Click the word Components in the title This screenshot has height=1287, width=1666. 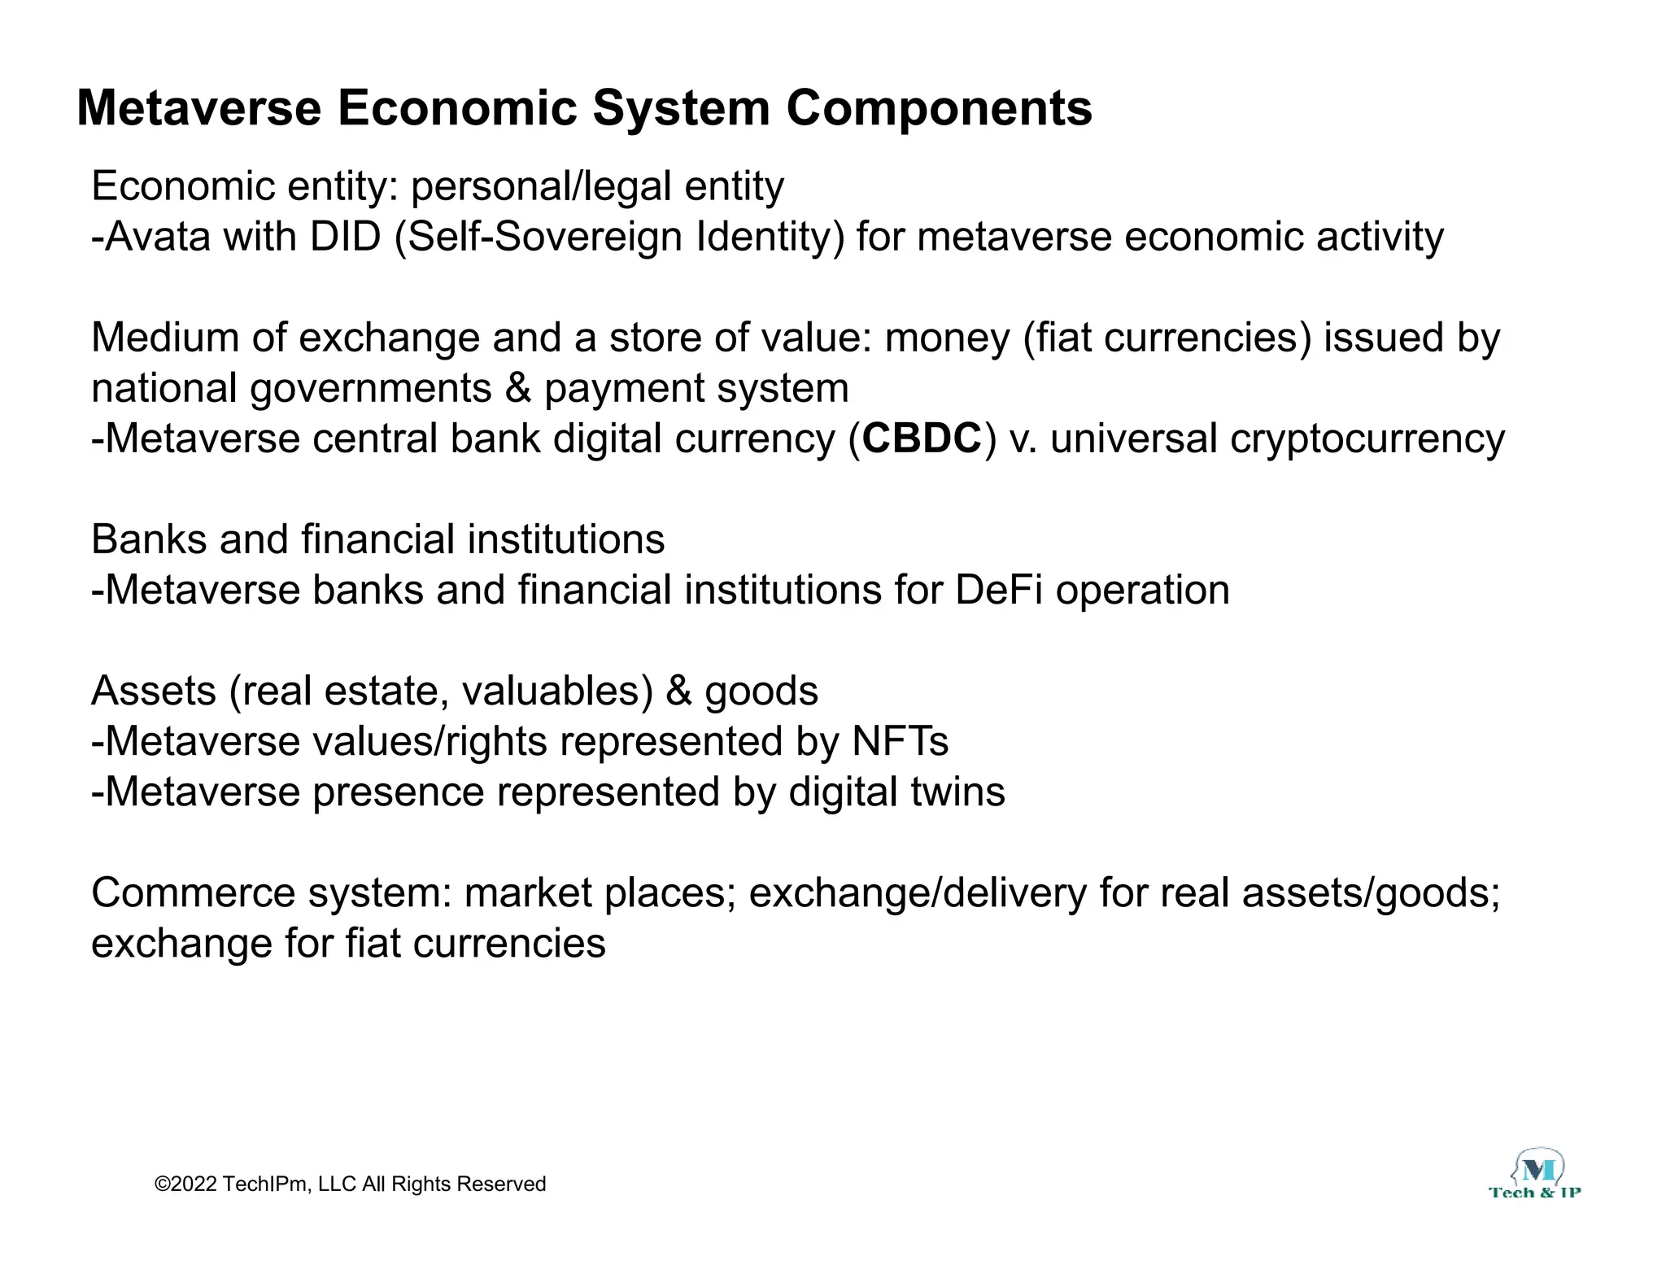pyautogui.click(x=939, y=108)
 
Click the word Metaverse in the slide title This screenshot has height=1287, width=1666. pyautogui.click(x=198, y=108)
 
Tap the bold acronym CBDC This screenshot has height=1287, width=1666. pyautogui.click(x=922, y=438)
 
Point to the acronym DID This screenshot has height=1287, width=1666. pyautogui.click(x=345, y=237)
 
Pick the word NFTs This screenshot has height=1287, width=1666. pyautogui.click(x=900, y=741)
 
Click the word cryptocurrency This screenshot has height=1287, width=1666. pyautogui.click(x=1367, y=439)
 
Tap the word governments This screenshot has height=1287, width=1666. pyautogui.click(x=370, y=388)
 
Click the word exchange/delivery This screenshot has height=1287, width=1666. pyautogui.click(x=918, y=892)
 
